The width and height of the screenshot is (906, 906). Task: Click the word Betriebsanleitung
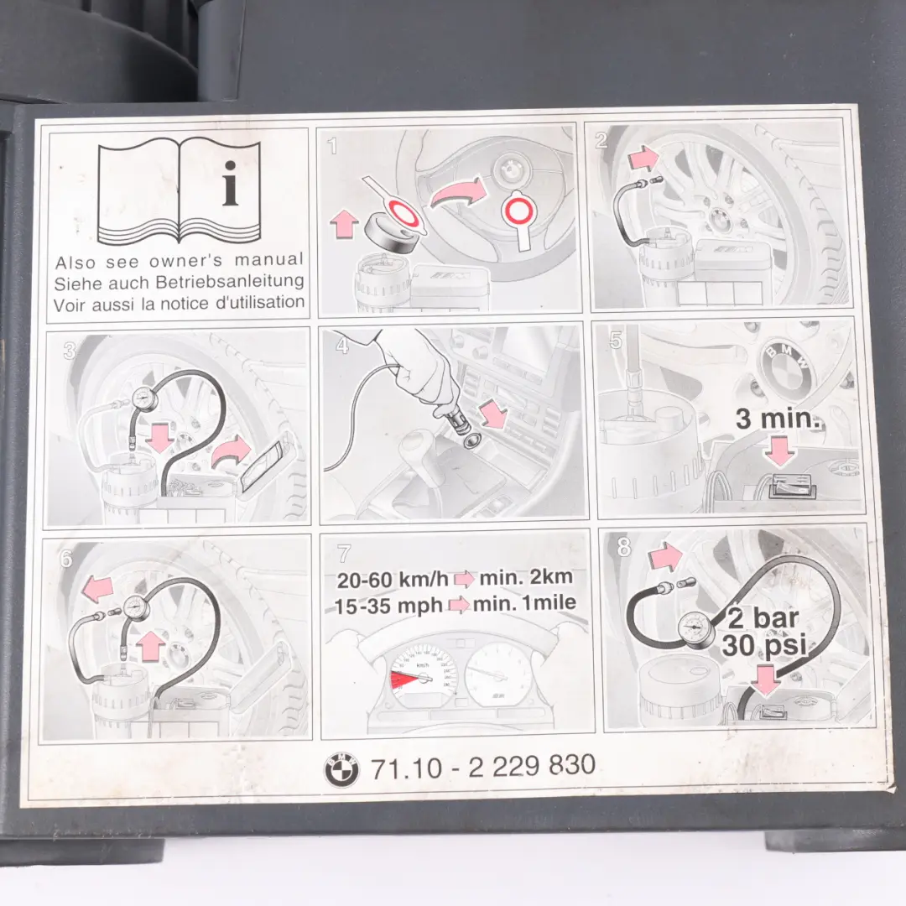click(236, 282)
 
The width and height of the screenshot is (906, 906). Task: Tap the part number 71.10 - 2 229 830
click(482, 766)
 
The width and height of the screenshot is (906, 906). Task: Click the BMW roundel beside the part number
click(341, 769)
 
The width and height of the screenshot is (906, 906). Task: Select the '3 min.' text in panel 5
click(778, 417)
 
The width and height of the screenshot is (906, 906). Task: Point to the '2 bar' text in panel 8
click(763, 619)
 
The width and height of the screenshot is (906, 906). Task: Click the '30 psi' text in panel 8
click(764, 645)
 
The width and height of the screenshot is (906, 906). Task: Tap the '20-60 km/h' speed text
click(393, 580)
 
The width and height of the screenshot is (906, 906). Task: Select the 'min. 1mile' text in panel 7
click(524, 603)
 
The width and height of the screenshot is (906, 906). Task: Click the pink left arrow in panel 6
click(97, 588)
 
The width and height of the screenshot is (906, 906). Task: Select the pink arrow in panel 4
click(493, 415)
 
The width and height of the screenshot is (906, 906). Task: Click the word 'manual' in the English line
click(268, 259)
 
